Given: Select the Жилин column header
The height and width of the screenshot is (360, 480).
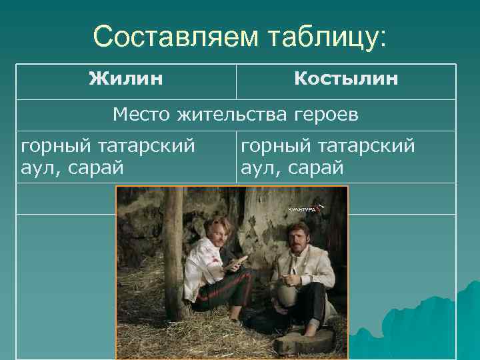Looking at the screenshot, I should tap(126, 79).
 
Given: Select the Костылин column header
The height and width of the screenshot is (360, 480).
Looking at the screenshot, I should tap(346, 79).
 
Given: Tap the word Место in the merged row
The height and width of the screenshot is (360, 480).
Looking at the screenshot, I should tap(141, 115).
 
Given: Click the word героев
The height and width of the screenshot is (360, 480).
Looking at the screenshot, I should tap(326, 115).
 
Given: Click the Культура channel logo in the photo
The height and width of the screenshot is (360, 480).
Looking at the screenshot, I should tap(303, 209).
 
